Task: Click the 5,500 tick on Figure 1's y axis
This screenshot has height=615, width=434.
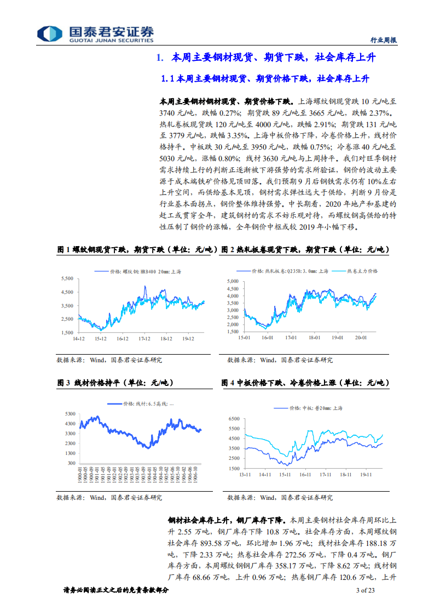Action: pyautogui.click(x=67, y=278)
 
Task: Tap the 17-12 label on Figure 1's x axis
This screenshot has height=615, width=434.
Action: pyautogui.click(x=144, y=339)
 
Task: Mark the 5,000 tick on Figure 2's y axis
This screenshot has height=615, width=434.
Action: pyautogui.click(x=233, y=281)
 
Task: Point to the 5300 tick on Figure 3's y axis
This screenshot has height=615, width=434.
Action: pyautogui.click(x=70, y=413)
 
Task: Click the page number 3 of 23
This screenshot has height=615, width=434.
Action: pyautogui.click(x=365, y=590)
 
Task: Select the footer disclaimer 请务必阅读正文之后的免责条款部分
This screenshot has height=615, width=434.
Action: pyautogui.click(x=116, y=590)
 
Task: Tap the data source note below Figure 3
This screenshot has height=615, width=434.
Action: pyautogui.click(x=109, y=498)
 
